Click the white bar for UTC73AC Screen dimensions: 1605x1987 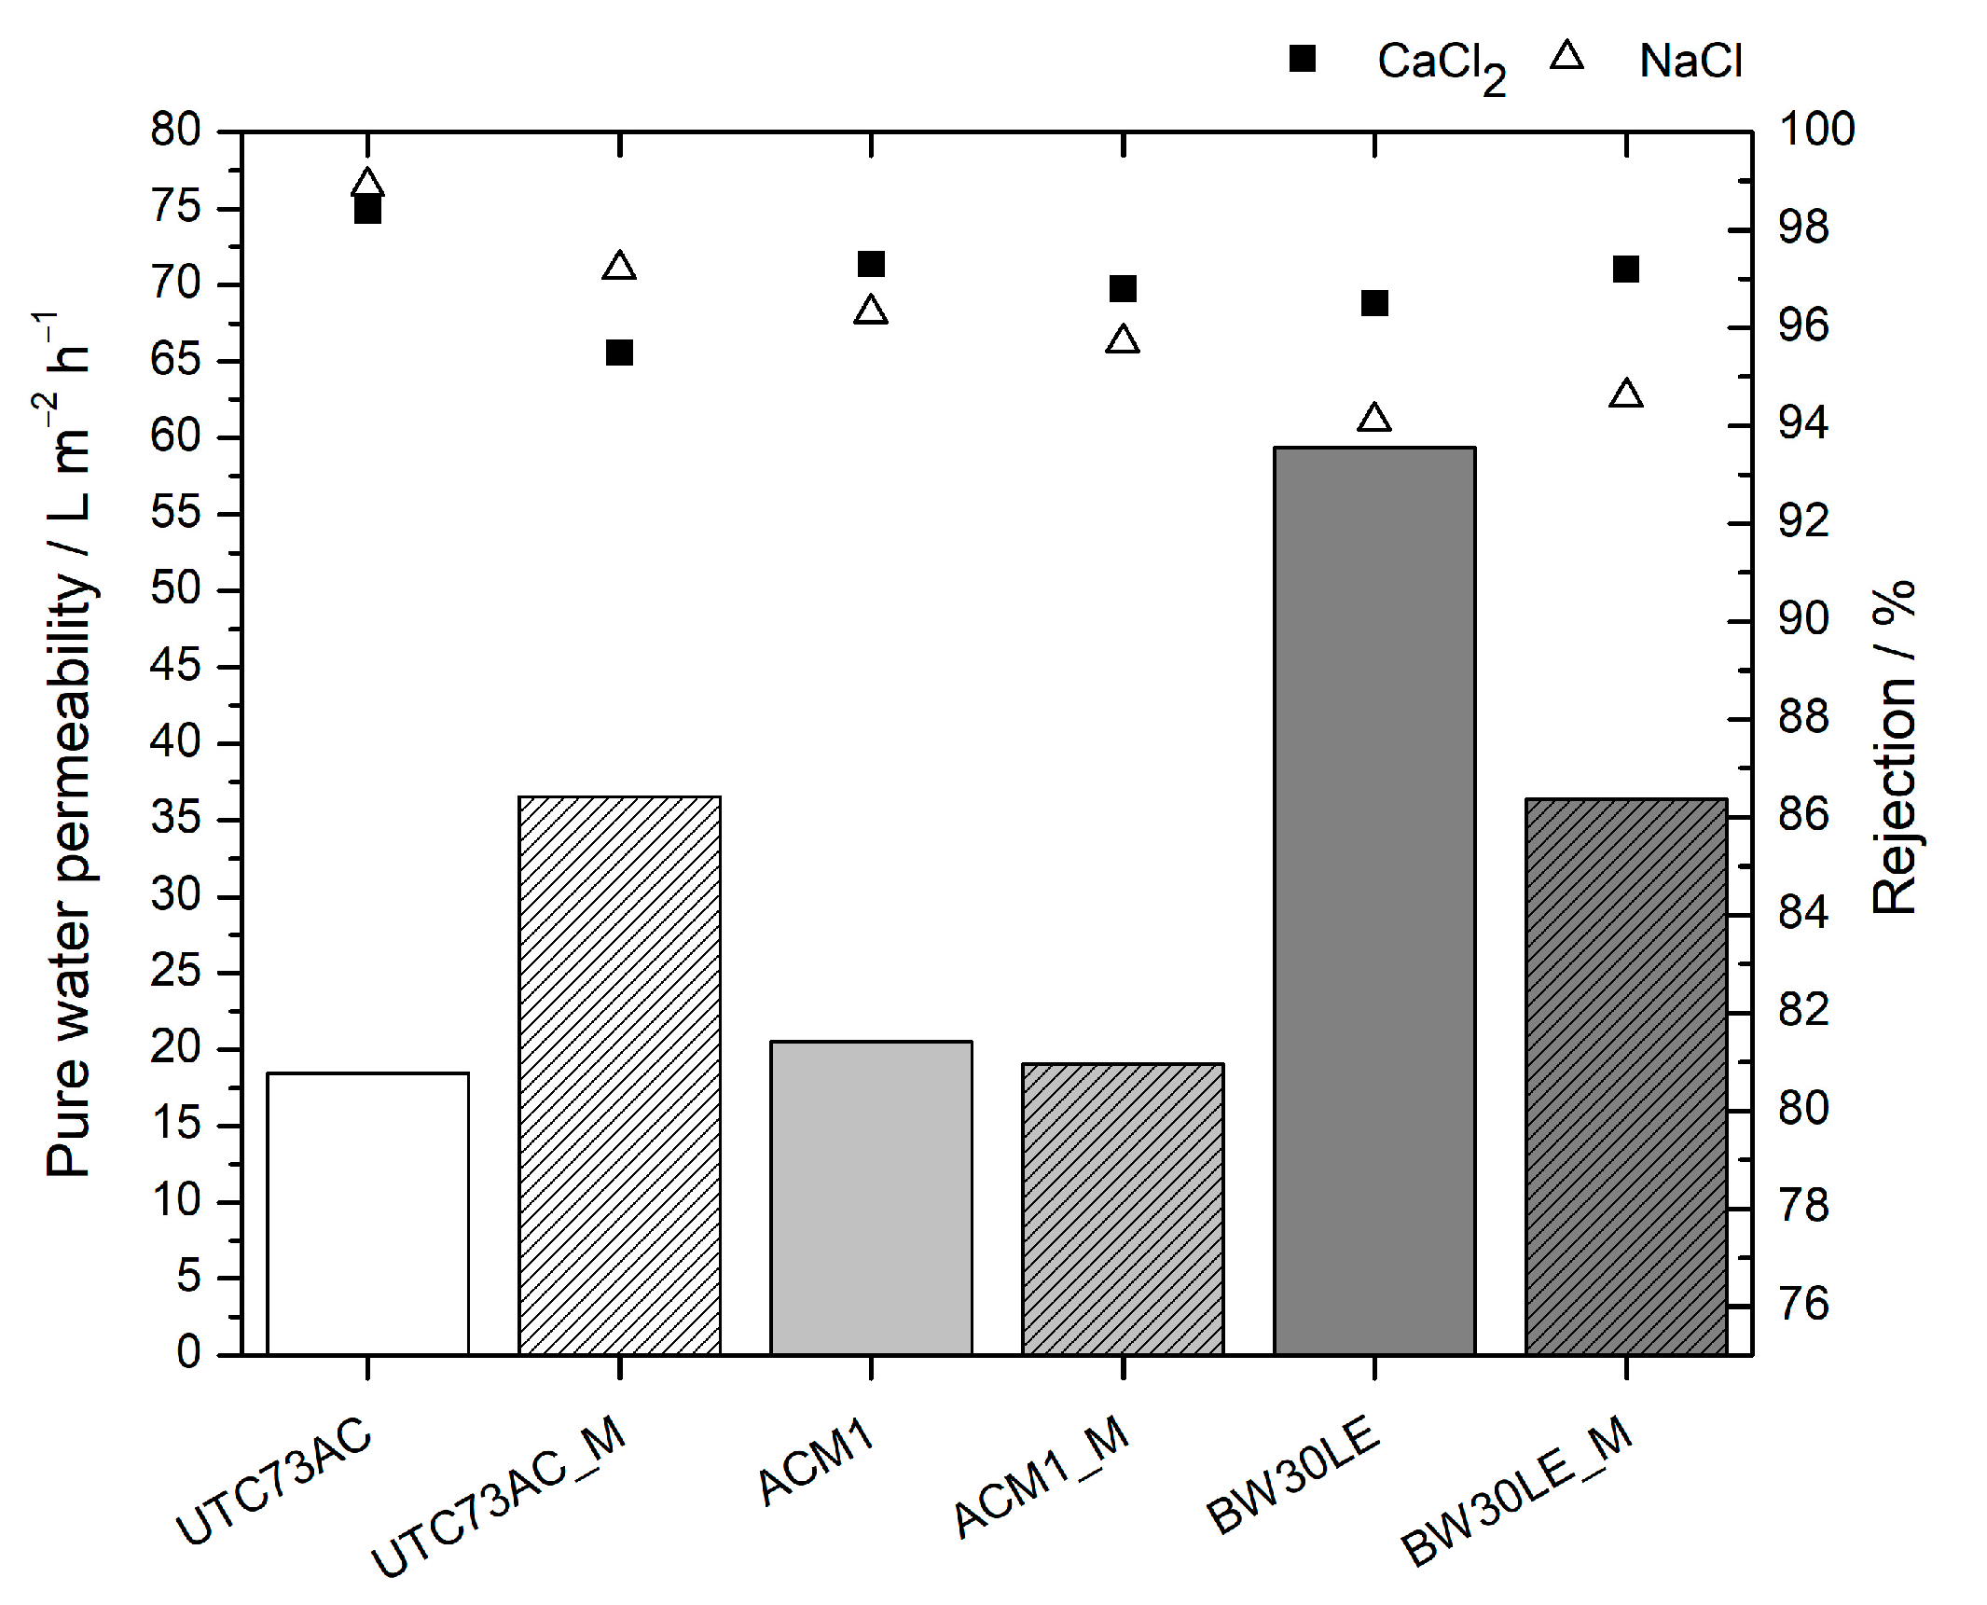coord(367,1212)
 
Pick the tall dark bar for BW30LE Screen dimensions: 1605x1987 coord(1374,900)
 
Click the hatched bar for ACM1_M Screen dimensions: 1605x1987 coord(1123,1208)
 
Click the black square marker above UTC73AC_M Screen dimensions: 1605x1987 coord(619,353)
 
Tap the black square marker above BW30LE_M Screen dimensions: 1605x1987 coord(1626,270)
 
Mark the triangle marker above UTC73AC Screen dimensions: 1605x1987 coord(367,184)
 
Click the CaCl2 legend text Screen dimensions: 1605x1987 coord(1440,64)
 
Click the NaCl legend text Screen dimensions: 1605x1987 coord(1690,62)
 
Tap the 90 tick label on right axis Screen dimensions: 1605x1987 coord(1803,619)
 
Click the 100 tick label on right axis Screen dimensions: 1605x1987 coord(1816,129)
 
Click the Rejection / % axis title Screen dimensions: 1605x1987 coord(1893,746)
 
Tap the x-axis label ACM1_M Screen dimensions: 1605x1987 coord(1042,1475)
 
